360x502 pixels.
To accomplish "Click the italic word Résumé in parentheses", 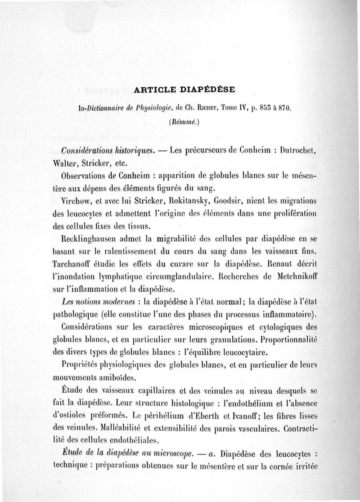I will click(180, 122).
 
